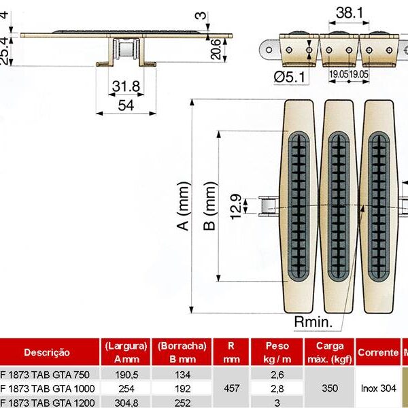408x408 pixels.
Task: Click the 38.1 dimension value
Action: [347, 12]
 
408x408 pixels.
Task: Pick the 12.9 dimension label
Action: [235, 206]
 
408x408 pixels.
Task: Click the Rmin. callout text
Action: [311, 320]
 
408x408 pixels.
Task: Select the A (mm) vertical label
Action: [182, 207]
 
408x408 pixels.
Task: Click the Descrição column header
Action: [47, 352]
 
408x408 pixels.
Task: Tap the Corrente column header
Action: [377, 352]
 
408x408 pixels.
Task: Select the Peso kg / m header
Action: [277, 352]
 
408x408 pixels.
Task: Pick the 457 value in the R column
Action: [231, 388]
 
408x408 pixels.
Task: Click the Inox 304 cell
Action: [377, 388]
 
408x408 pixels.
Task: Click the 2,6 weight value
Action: [277, 375]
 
